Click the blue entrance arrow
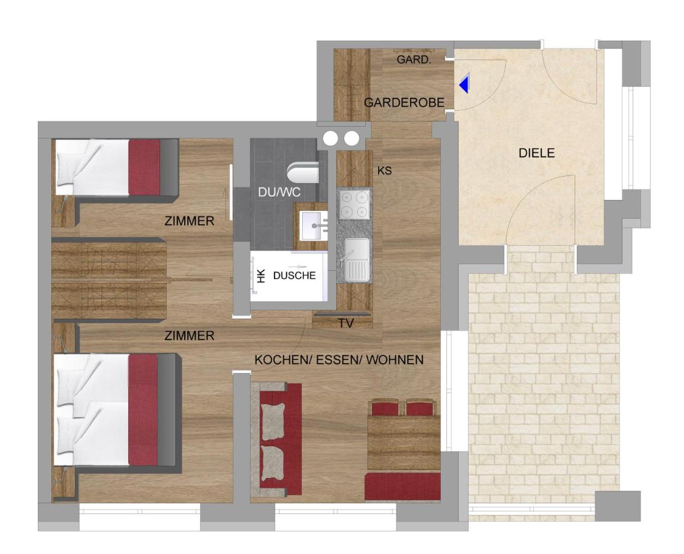(464, 84)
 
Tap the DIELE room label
(536, 153)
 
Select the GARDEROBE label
(404, 103)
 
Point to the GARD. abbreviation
(414, 60)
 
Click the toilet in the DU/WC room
(303, 173)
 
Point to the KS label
(384, 171)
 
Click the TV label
(346, 323)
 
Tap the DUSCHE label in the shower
(294, 276)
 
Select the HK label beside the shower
(261, 276)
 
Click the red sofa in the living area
(276, 439)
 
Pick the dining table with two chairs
(403, 435)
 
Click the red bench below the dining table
(402, 487)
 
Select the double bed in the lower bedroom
(116, 412)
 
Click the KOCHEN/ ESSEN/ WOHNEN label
(339, 360)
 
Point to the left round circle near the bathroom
(330, 138)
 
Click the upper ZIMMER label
(190, 221)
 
